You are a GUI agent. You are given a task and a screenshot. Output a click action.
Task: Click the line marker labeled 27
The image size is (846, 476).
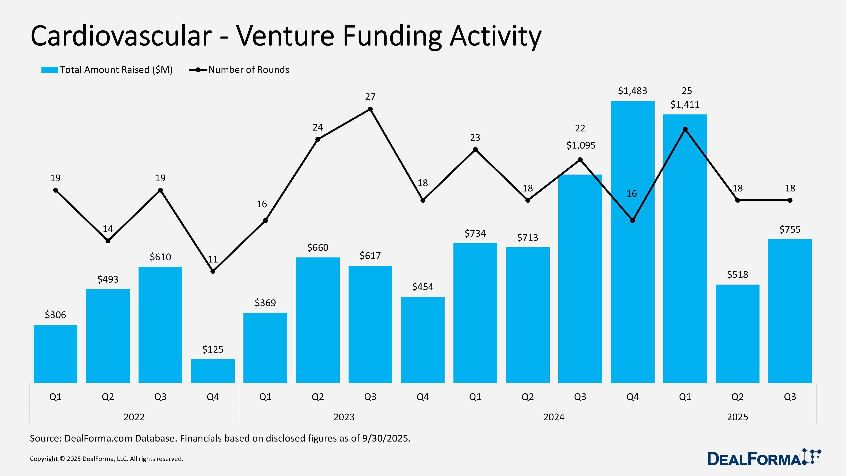tap(370, 109)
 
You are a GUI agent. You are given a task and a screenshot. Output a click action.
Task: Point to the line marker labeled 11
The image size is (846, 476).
tap(213, 271)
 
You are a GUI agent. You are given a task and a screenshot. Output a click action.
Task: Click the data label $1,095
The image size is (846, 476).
tap(581, 145)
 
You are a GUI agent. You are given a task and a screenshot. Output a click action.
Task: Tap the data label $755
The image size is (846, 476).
tap(790, 229)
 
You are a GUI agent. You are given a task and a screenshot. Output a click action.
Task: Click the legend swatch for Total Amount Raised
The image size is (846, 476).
tap(49, 70)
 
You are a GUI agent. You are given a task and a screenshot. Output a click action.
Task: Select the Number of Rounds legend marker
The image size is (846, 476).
tap(198, 70)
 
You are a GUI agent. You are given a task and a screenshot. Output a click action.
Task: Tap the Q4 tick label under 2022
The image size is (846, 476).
tap(213, 397)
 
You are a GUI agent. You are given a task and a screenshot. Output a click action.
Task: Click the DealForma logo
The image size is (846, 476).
tap(764, 458)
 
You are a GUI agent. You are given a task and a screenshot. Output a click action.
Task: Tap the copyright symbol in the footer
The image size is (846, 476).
tap(62, 459)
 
